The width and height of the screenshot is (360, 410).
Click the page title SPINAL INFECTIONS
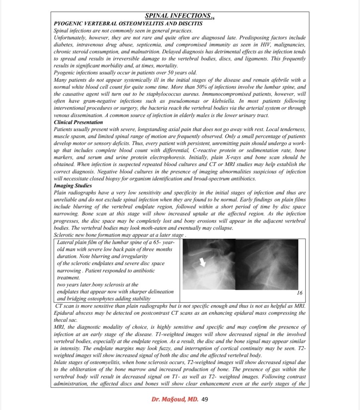(x=177, y=16)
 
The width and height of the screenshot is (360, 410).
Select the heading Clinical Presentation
(x=78, y=122)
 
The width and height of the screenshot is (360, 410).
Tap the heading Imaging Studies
(x=72, y=186)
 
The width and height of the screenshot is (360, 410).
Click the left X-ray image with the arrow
(x=208, y=265)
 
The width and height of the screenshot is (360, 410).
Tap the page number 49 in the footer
(x=204, y=399)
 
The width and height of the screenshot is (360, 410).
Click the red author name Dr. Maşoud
(x=175, y=399)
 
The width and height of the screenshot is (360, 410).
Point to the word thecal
(x=60, y=320)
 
